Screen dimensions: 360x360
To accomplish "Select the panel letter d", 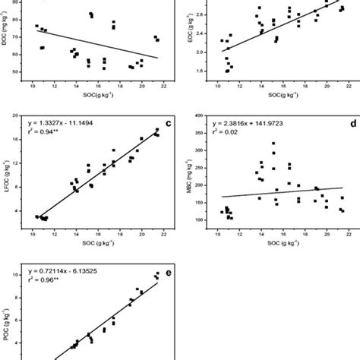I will click(341, 120).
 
